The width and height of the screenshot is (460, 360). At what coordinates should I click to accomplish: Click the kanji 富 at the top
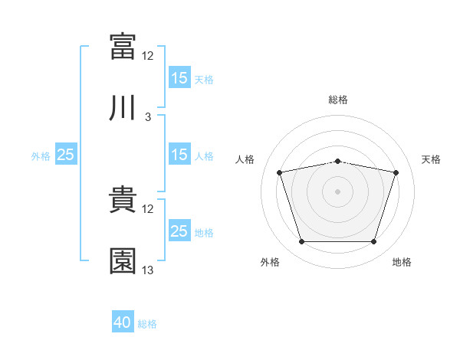pyautogui.click(x=123, y=46)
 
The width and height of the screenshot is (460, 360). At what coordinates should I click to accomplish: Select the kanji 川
pyautogui.click(x=123, y=109)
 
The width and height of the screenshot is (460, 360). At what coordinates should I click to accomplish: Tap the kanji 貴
pyautogui.click(x=123, y=201)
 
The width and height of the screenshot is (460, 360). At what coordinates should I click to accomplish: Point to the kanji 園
pyautogui.click(x=123, y=260)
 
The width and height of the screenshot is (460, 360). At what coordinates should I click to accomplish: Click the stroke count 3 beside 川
pyautogui.click(x=148, y=117)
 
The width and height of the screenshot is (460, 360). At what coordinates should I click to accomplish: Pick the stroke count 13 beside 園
pyautogui.click(x=148, y=270)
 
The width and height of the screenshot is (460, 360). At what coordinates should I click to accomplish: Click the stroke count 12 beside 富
pyautogui.click(x=148, y=55)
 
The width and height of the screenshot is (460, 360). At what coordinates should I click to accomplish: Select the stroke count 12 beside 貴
pyautogui.click(x=148, y=208)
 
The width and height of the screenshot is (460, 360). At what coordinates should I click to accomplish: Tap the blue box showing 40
pyautogui.click(x=123, y=322)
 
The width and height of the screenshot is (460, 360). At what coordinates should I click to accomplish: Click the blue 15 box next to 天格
pyautogui.click(x=179, y=77)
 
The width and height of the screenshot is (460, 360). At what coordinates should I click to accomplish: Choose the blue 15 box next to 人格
pyautogui.click(x=179, y=155)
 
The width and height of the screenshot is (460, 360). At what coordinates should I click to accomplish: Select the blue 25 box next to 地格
pyautogui.click(x=179, y=231)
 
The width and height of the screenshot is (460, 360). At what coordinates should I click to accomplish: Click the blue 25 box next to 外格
pyautogui.click(x=66, y=155)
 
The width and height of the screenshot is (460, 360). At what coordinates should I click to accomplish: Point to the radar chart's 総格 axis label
pyautogui.click(x=338, y=100)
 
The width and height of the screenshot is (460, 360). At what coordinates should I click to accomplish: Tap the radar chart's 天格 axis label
pyautogui.click(x=432, y=159)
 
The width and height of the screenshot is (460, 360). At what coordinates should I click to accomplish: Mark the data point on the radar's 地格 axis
pyautogui.click(x=373, y=242)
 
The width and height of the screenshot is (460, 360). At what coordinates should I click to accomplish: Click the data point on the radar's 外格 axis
pyautogui.click(x=301, y=242)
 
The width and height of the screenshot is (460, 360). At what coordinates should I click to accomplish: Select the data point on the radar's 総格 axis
pyautogui.click(x=337, y=162)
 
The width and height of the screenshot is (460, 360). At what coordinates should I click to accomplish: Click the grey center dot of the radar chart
pyautogui.click(x=337, y=191)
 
